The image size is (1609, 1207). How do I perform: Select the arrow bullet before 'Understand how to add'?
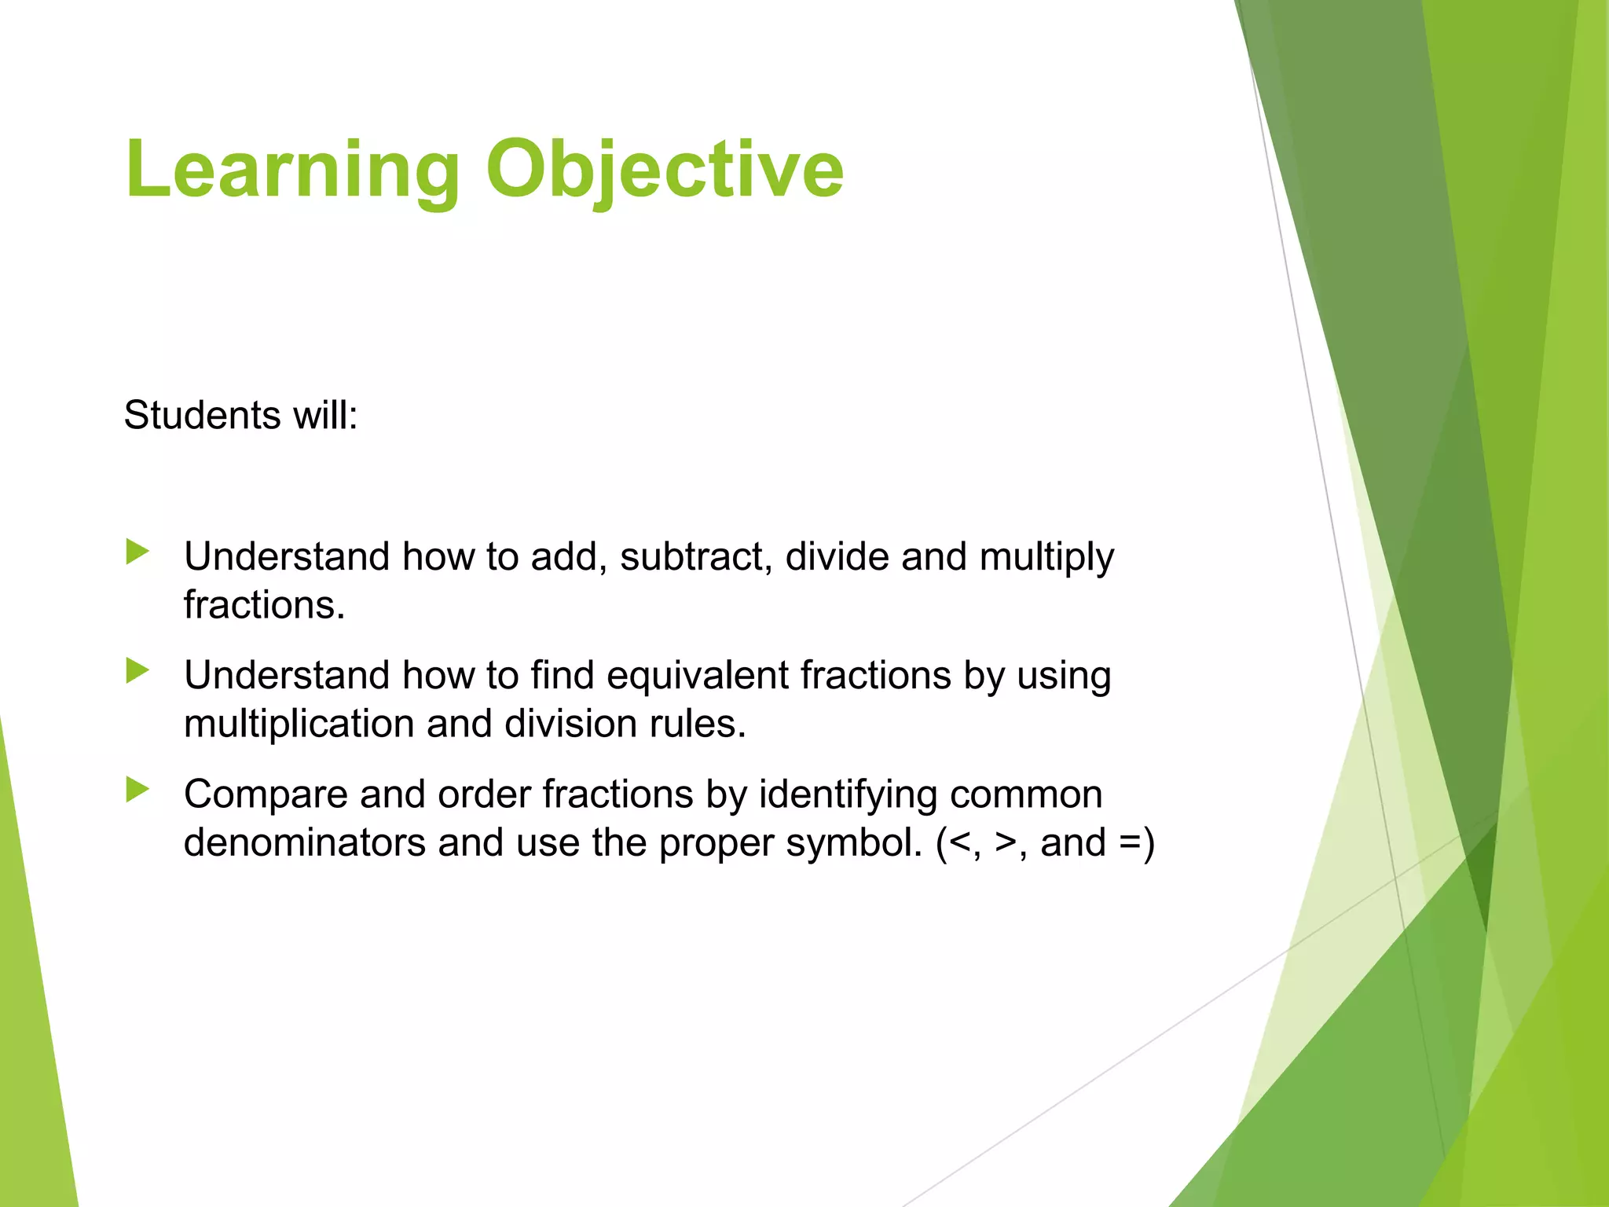(137, 552)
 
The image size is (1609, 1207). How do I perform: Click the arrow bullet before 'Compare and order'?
(137, 789)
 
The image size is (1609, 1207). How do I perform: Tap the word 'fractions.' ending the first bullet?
(264, 605)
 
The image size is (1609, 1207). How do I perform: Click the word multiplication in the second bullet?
(299, 724)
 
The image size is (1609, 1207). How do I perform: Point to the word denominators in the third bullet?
(305, 842)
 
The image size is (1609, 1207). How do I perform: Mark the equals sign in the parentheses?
(1131, 842)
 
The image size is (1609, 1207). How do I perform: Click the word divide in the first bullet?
(837, 556)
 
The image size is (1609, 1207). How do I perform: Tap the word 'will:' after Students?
(325, 415)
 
